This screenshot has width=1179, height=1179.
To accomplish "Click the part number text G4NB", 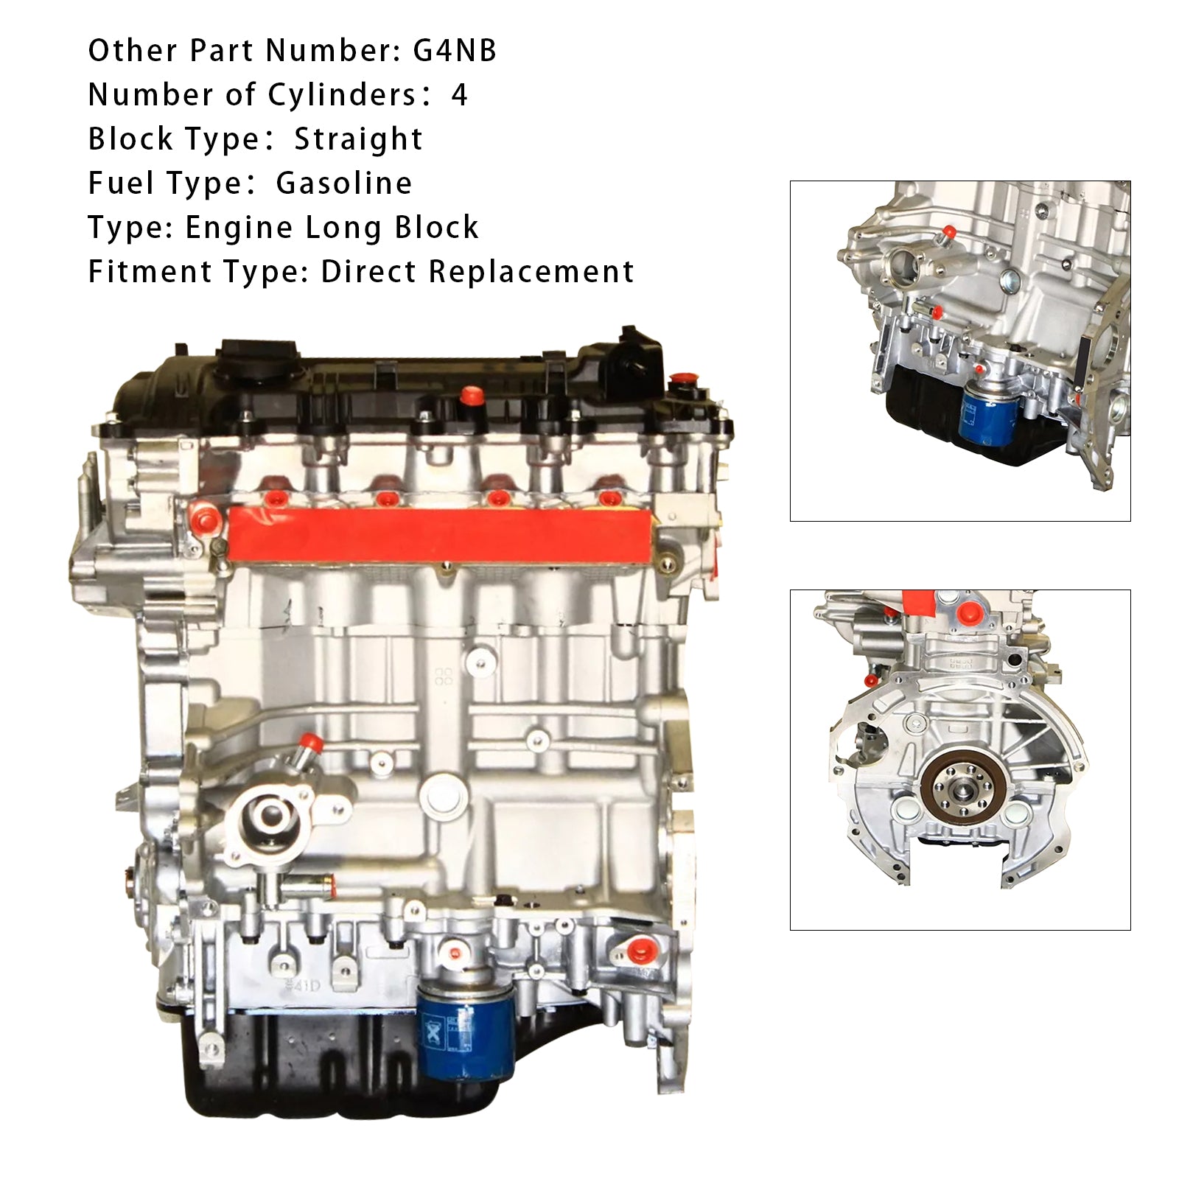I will click(x=455, y=51).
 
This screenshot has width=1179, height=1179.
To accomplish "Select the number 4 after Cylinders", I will click(x=459, y=95).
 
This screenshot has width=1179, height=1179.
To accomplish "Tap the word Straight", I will click(x=359, y=139).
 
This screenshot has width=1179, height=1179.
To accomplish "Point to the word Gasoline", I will click(x=344, y=183).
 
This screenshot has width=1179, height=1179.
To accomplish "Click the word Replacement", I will click(x=531, y=272).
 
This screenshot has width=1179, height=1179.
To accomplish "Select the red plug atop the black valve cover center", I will click(x=469, y=396).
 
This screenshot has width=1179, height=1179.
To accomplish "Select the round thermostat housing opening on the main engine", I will click(x=270, y=814).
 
